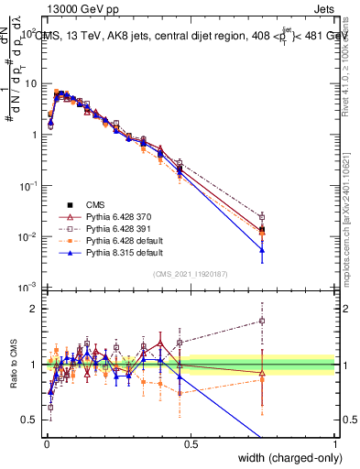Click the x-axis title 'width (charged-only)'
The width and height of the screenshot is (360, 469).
tap(287, 457)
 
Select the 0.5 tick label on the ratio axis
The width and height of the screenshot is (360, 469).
tap(28, 420)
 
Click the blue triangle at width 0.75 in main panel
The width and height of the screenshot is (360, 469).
tap(262, 249)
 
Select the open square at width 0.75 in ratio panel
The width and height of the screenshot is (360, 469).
tap(262, 321)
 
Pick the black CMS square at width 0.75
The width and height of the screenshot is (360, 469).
tap(262, 229)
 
